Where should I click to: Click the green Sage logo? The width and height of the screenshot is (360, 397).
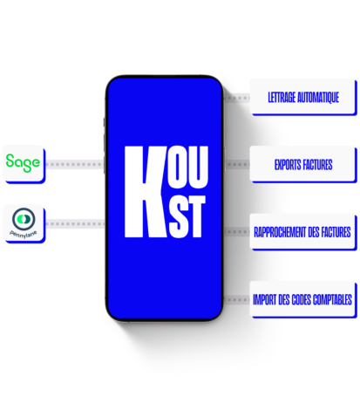[23, 163]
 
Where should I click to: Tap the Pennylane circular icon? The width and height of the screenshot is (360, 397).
[24, 219]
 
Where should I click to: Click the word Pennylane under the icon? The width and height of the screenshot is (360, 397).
[24, 234]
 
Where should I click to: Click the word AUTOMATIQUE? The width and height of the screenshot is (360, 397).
[318, 98]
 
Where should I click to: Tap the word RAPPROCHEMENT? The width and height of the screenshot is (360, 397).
[280, 232]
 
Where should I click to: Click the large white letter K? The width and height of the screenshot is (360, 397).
[146, 192]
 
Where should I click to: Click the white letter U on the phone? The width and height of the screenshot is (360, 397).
[199, 167]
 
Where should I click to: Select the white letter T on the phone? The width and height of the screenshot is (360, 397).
[196, 216]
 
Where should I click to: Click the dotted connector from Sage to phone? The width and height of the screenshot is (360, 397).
[75, 164]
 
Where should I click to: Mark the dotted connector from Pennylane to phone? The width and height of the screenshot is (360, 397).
[75, 223]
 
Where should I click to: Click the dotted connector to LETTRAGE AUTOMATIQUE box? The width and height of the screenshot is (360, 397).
[237, 98]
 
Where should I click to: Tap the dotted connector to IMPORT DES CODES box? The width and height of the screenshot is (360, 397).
[237, 299]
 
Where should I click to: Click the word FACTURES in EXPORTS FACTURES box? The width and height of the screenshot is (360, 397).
[317, 165]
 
